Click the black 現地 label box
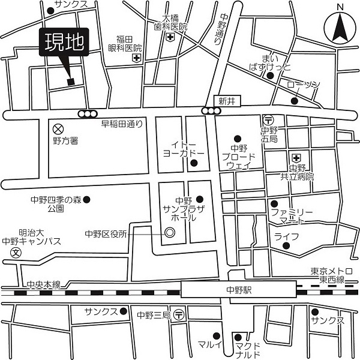pos(63,43)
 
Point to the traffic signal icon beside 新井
pos(211,111)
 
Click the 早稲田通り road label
pos(122,124)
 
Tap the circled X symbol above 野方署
pos(58,128)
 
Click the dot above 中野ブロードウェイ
pos(238,138)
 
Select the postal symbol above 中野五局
pos(268,119)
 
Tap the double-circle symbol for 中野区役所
pos(170,233)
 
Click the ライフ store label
pos(287,236)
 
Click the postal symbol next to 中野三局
pos(178,314)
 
